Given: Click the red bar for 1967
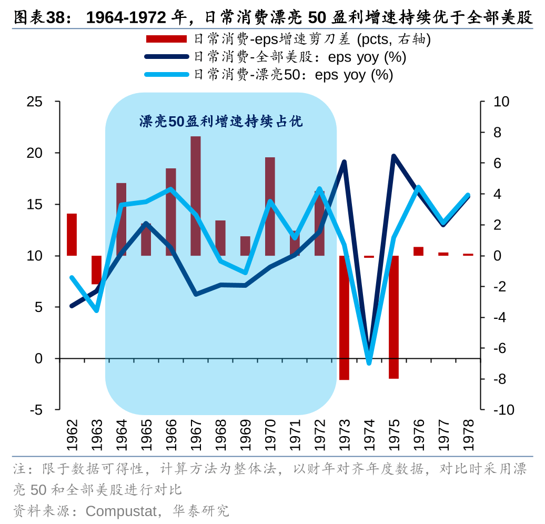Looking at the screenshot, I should pyautogui.click(x=195, y=196).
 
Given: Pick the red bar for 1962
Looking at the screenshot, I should pyautogui.click(x=72, y=235).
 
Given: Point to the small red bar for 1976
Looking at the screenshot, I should pyautogui.click(x=418, y=251).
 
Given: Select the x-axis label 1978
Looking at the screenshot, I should pyautogui.click(x=468, y=435).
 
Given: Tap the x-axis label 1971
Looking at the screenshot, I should pyautogui.click(x=295, y=435).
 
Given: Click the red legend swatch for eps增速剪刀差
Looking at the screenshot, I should pyautogui.click(x=166, y=39).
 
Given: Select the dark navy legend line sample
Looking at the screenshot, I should pyautogui.click(x=166, y=57).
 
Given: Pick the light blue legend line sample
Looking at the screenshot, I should pyautogui.click(x=166, y=75).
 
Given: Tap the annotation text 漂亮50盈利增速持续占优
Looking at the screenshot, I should pyautogui.click(x=221, y=122).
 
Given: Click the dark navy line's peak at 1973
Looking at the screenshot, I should pyautogui.click(x=344, y=162).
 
